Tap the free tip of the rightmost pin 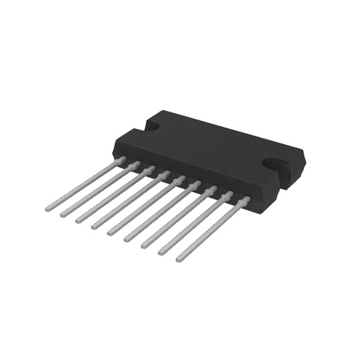pos(178,258)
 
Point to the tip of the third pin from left pos(78,221)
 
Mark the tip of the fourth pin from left pos(94,227)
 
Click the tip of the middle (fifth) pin pos(110,233)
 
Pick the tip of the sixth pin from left pos(127,240)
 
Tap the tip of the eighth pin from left pos(161,252)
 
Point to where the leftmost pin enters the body pos(121,159)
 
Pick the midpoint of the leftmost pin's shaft pos(84,184)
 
